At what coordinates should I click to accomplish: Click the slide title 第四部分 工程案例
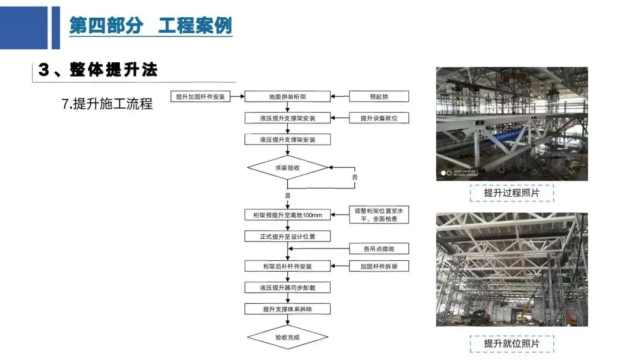150,26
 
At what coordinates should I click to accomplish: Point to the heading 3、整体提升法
99,70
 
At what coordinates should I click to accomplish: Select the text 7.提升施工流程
107,104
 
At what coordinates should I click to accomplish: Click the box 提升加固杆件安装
201,96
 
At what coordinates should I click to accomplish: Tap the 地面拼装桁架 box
287,96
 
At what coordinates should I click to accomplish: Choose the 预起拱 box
379,96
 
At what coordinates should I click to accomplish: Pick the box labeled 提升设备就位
379,118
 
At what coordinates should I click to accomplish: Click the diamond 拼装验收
287,168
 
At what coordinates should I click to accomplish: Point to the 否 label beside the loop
355,177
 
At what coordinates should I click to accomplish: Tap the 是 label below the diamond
288,195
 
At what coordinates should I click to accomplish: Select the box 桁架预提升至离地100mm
287,215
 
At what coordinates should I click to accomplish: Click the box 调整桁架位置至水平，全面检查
379,215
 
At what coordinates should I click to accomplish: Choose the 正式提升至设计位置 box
287,236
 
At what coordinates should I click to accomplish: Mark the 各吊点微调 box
379,249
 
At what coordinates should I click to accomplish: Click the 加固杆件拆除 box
379,266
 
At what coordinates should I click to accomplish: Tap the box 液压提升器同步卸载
287,288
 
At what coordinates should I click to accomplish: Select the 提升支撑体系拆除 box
287,309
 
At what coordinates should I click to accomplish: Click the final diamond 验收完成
287,337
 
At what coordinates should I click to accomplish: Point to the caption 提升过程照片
512,193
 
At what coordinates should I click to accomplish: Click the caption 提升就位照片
512,343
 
